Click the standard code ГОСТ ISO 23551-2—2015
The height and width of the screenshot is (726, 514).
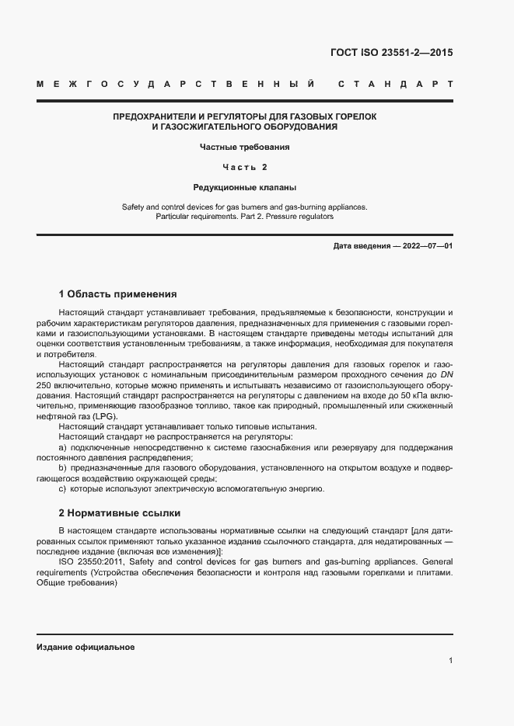click(x=392, y=54)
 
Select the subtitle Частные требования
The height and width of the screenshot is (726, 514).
click(x=245, y=146)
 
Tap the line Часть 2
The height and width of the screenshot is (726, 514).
click(x=245, y=167)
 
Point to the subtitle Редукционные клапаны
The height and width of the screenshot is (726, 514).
click(x=245, y=187)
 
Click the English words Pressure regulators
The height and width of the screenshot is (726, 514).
click(x=299, y=217)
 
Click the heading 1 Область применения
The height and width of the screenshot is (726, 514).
click(x=117, y=294)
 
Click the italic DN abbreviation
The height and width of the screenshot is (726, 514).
click(x=445, y=375)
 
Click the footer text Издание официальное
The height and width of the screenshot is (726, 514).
click(x=86, y=647)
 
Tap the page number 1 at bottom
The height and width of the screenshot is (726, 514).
click(x=450, y=661)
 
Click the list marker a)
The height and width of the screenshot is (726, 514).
click(x=63, y=447)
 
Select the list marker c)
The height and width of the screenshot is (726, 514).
click(x=63, y=488)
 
